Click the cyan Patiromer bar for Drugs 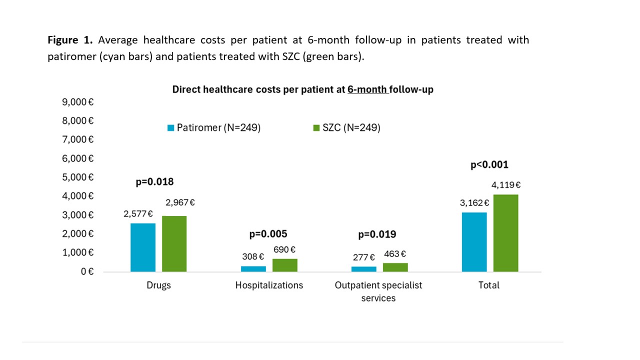click(143, 247)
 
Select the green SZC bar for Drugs click(174, 244)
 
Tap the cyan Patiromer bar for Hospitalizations click(253, 269)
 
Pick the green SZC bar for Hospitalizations click(285, 265)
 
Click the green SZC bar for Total click(505, 233)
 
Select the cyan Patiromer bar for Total click(474, 242)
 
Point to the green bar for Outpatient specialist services click(395, 267)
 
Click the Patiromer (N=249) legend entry click(214, 128)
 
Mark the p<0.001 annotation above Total click(489, 165)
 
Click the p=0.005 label click(268, 234)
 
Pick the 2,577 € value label click(138, 213)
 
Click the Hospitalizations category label click(269, 285)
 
